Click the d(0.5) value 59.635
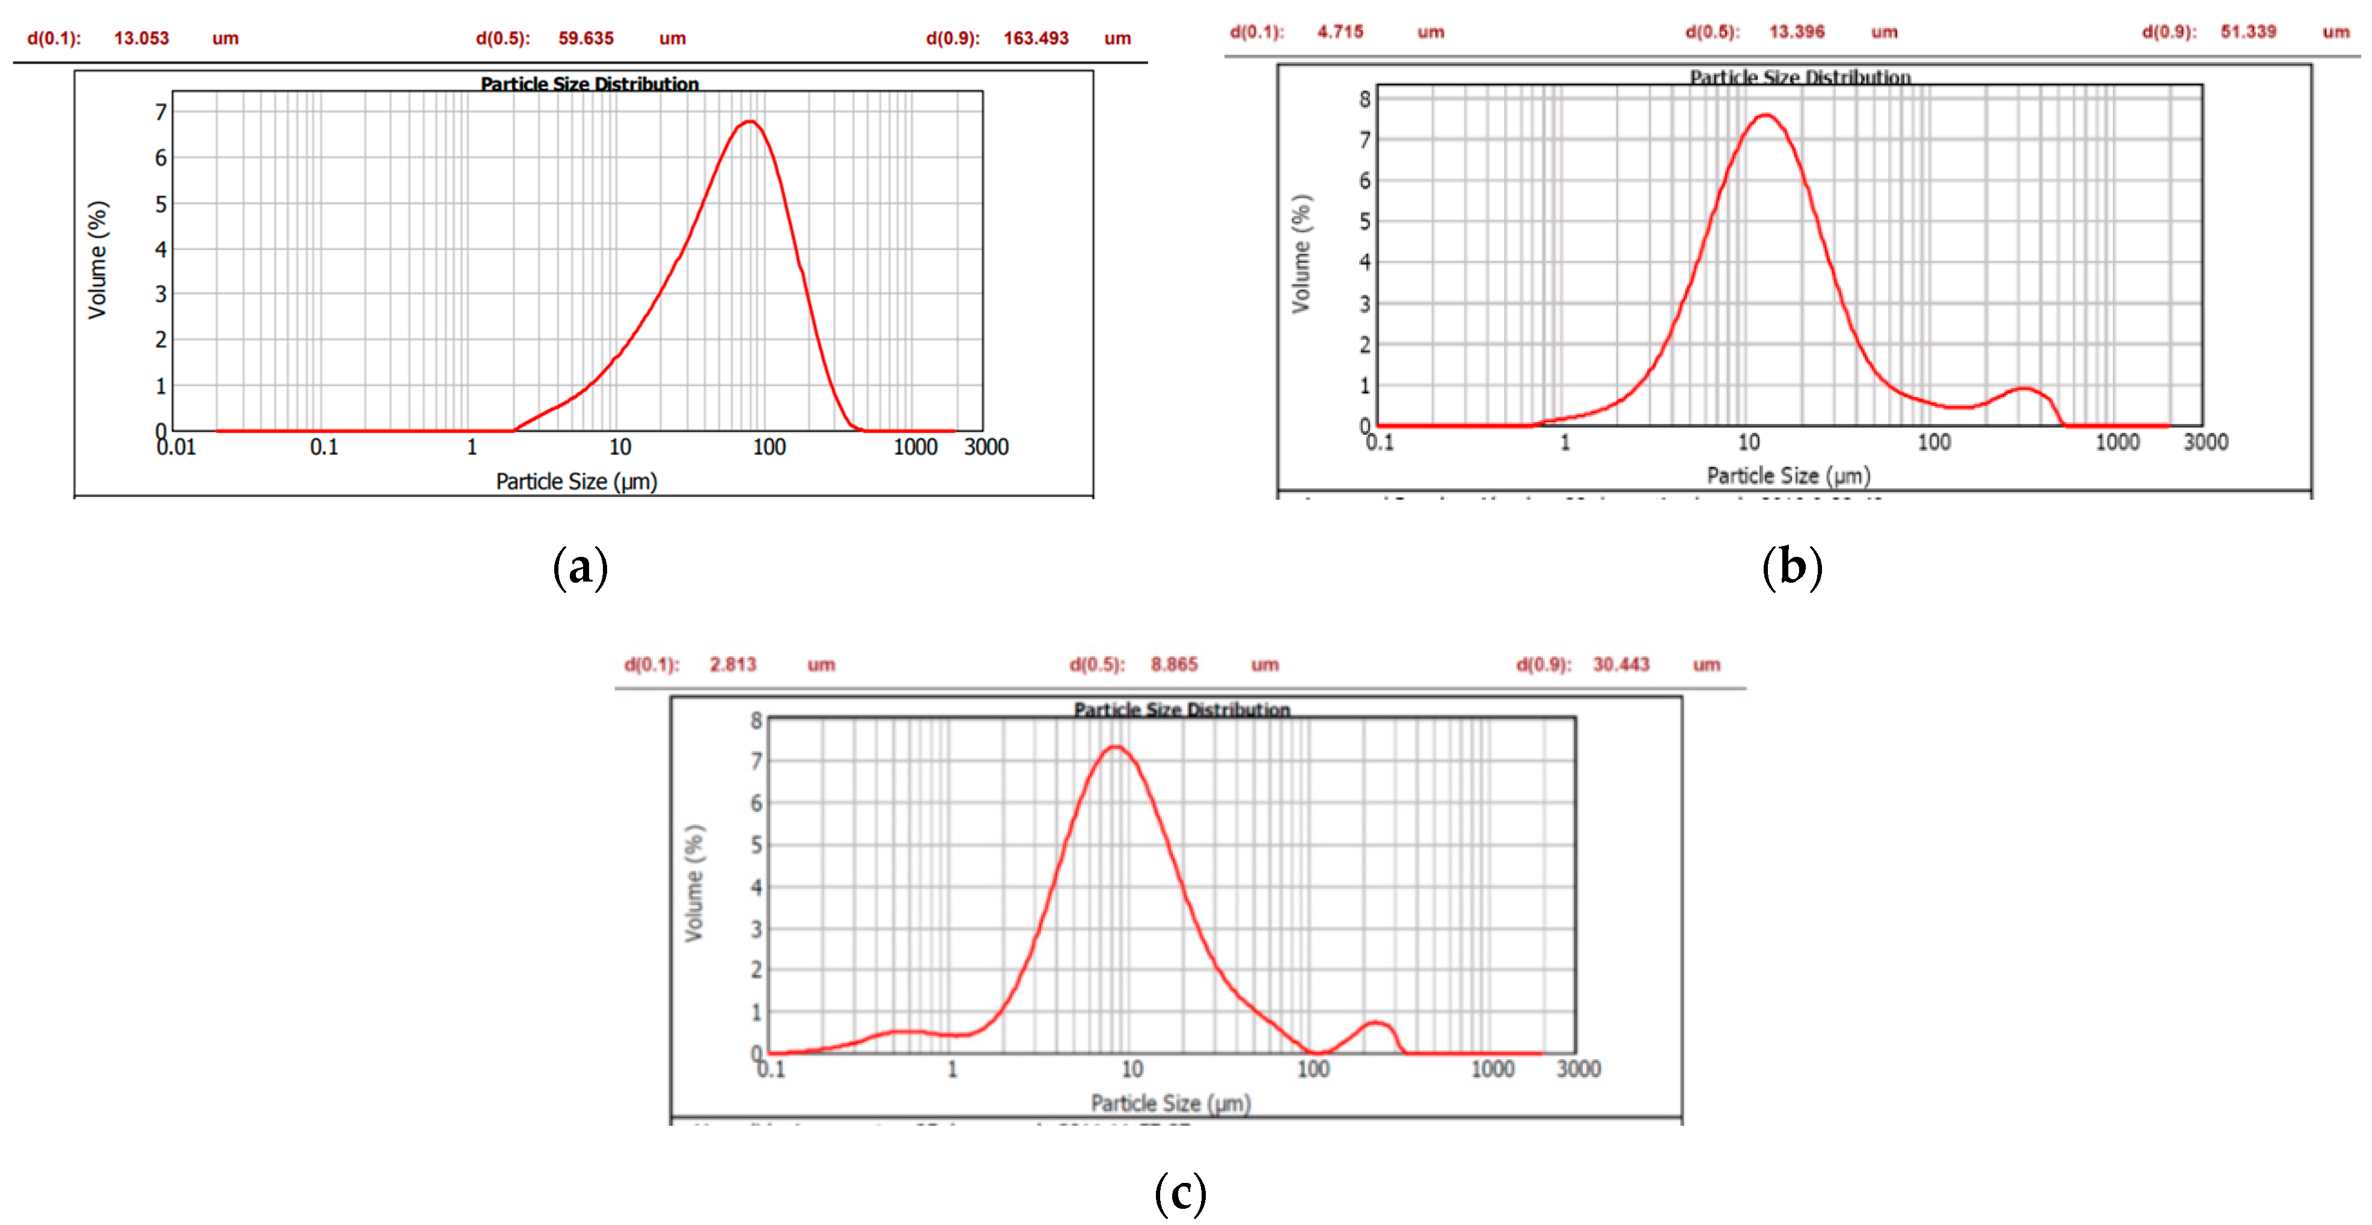(x=585, y=38)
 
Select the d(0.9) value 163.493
(x=1035, y=38)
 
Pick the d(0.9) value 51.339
(x=2247, y=32)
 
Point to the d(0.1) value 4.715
(x=1340, y=32)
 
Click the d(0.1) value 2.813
(x=732, y=664)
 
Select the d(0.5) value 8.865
(x=1174, y=664)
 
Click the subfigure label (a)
(x=580, y=566)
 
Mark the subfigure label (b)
(x=1792, y=566)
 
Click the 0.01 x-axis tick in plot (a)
(x=176, y=447)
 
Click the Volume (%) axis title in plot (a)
(x=97, y=260)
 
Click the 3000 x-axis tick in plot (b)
(x=2205, y=442)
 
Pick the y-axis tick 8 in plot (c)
(x=756, y=720)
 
